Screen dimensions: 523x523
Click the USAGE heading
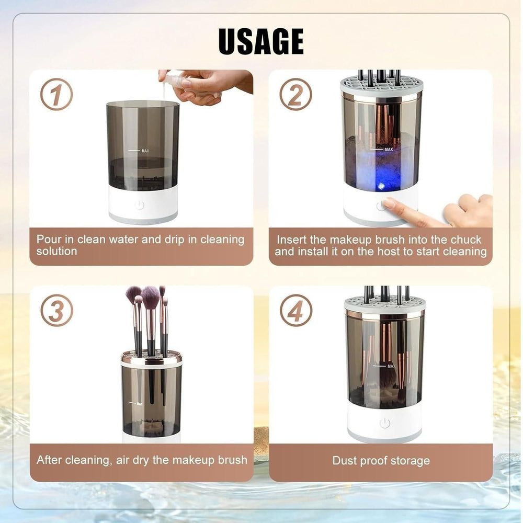261,42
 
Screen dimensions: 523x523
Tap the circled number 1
56,94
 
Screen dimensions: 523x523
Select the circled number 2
295,94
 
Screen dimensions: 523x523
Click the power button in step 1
139,205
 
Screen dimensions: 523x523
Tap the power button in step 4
385,423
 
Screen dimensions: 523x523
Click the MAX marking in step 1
145,151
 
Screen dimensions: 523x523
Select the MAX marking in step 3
140,403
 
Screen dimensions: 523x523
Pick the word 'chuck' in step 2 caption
464,240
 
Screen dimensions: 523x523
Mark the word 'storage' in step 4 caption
411,461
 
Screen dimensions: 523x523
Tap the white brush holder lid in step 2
380,87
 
